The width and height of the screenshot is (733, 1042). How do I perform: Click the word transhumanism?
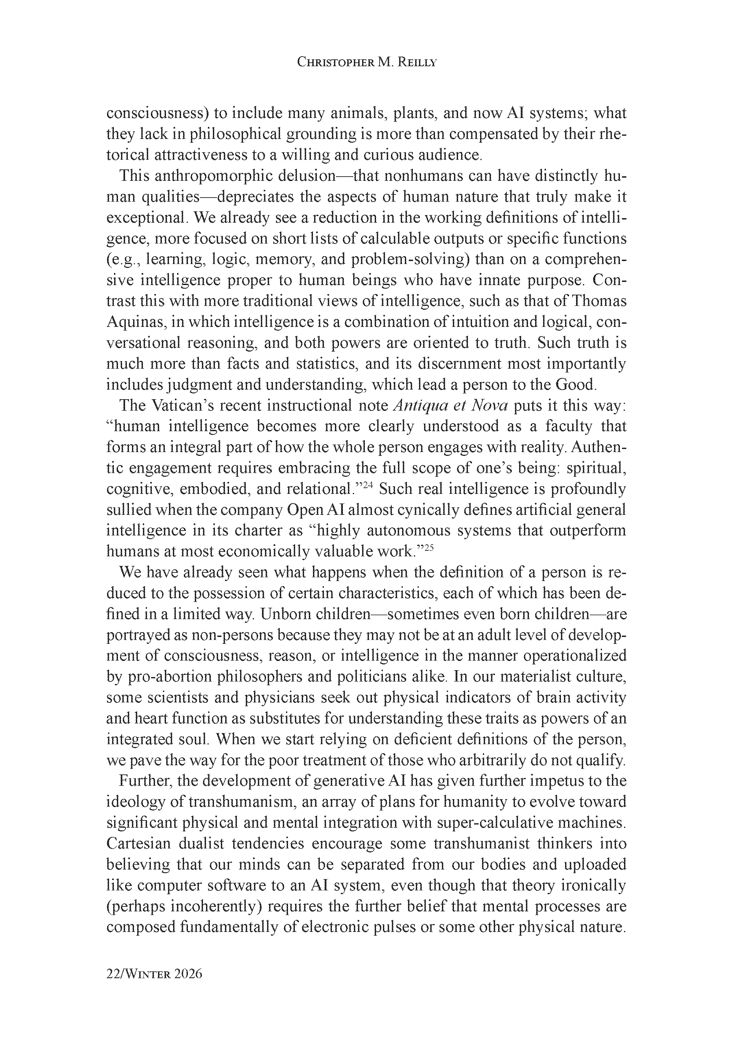pyautogui.click(x=242, y=802)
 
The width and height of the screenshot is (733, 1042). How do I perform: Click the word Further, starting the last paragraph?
pyautogui.click(x=145, y=781)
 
